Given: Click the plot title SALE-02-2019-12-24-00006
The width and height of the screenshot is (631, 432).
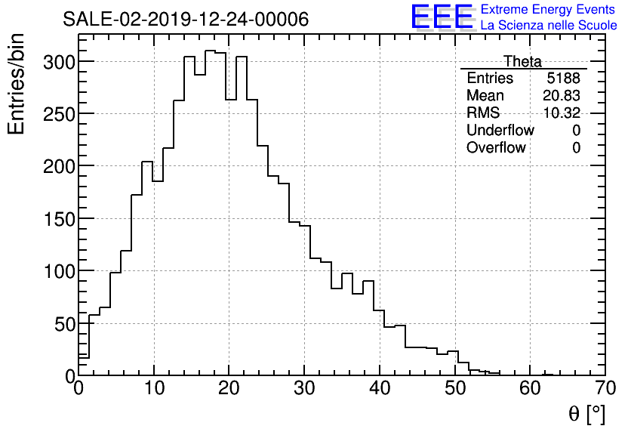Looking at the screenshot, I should [x=186, y=20].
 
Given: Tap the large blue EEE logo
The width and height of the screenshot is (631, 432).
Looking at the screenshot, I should [x=442, y=17].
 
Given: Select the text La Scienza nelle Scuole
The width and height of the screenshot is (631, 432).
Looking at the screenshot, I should [x=549, y=26].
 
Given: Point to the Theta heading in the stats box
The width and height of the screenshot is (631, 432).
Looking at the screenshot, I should [x=522, y=61].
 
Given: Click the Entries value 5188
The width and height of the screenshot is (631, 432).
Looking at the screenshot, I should [x=564, y=79].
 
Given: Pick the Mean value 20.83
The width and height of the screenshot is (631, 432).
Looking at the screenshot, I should [x=562, y=96].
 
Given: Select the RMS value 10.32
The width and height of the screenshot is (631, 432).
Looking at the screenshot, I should [x=562, y=113].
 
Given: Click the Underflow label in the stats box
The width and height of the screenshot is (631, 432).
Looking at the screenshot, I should [x=500, y=131].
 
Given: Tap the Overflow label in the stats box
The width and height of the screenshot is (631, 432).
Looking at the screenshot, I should [x=496, y=148].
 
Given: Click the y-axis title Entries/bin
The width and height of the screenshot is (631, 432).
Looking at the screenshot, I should [x=17, y=85].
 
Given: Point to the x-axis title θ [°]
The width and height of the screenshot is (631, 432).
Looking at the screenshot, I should [x=586, y=413].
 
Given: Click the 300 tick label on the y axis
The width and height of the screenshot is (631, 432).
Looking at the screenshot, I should [x=58, y=61].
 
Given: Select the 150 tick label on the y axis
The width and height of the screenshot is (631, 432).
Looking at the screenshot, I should [x=58, y=218].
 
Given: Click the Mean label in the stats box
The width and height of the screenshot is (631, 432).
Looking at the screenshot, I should [x=485, y=96].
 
